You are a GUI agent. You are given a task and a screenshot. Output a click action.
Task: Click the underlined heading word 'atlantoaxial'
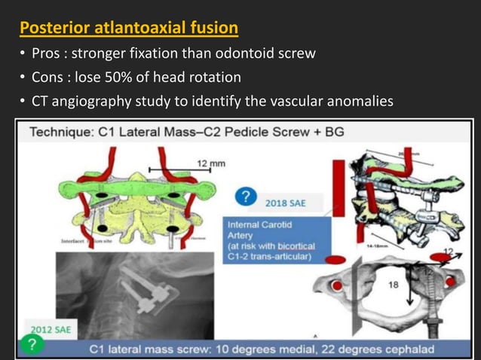[x=148, y=29]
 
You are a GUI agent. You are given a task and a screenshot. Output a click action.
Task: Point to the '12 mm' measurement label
[x=211, y=162]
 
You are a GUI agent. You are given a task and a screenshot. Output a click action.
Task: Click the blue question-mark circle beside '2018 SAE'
[x=244, y=197]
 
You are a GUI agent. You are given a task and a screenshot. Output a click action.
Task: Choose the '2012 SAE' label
[x=49, y=328]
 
